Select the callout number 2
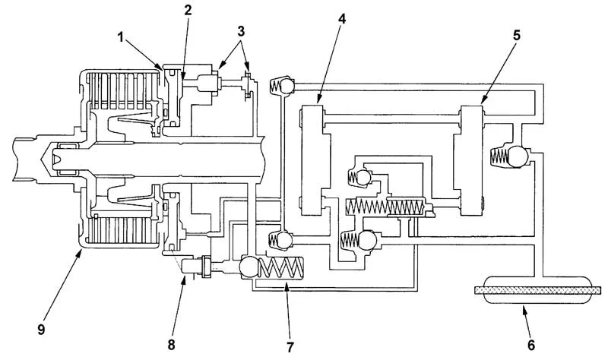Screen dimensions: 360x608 [187, 11]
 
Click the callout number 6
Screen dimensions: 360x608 [530, 345]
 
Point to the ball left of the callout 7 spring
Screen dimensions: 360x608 [249, 267]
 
